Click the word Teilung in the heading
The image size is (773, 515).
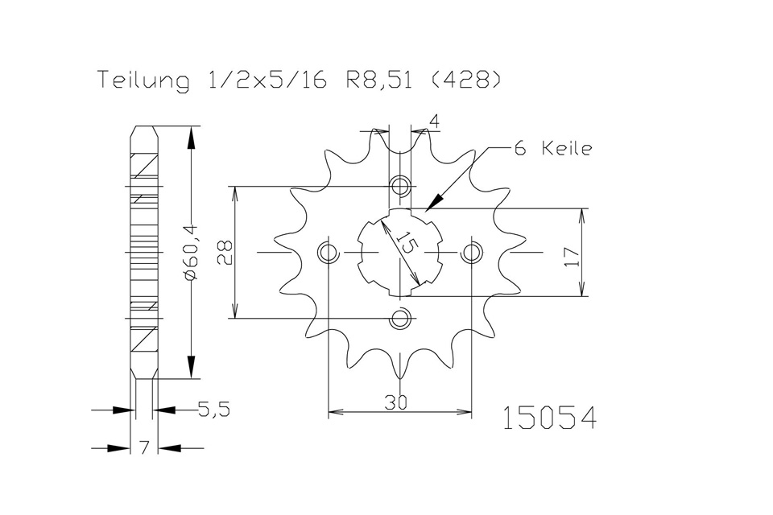click(x=143, y=80)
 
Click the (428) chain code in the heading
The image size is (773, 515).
click(x=466, y=80)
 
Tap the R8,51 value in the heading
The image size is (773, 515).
click(x=378, y=80)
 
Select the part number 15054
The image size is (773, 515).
click(x=549, y=418)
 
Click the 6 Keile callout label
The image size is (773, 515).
click(x=553, y=148)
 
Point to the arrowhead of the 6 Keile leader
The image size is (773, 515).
click(x=435, y=202)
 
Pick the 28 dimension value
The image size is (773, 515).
click(x=225, y=253)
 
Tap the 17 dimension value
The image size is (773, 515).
click(x=571, y=257)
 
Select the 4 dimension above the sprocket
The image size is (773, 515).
click(x=434, y=122)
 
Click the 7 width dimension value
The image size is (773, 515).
click(x=144, y=448)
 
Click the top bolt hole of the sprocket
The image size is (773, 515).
click(x=400, y=187)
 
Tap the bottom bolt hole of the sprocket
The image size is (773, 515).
click(x=400, y=319)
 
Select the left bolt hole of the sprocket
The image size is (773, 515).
click(x=328, y=253)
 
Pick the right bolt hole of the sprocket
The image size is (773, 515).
click(x=472, y=253)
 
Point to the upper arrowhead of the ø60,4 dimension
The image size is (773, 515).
click(x=192, y=137)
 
